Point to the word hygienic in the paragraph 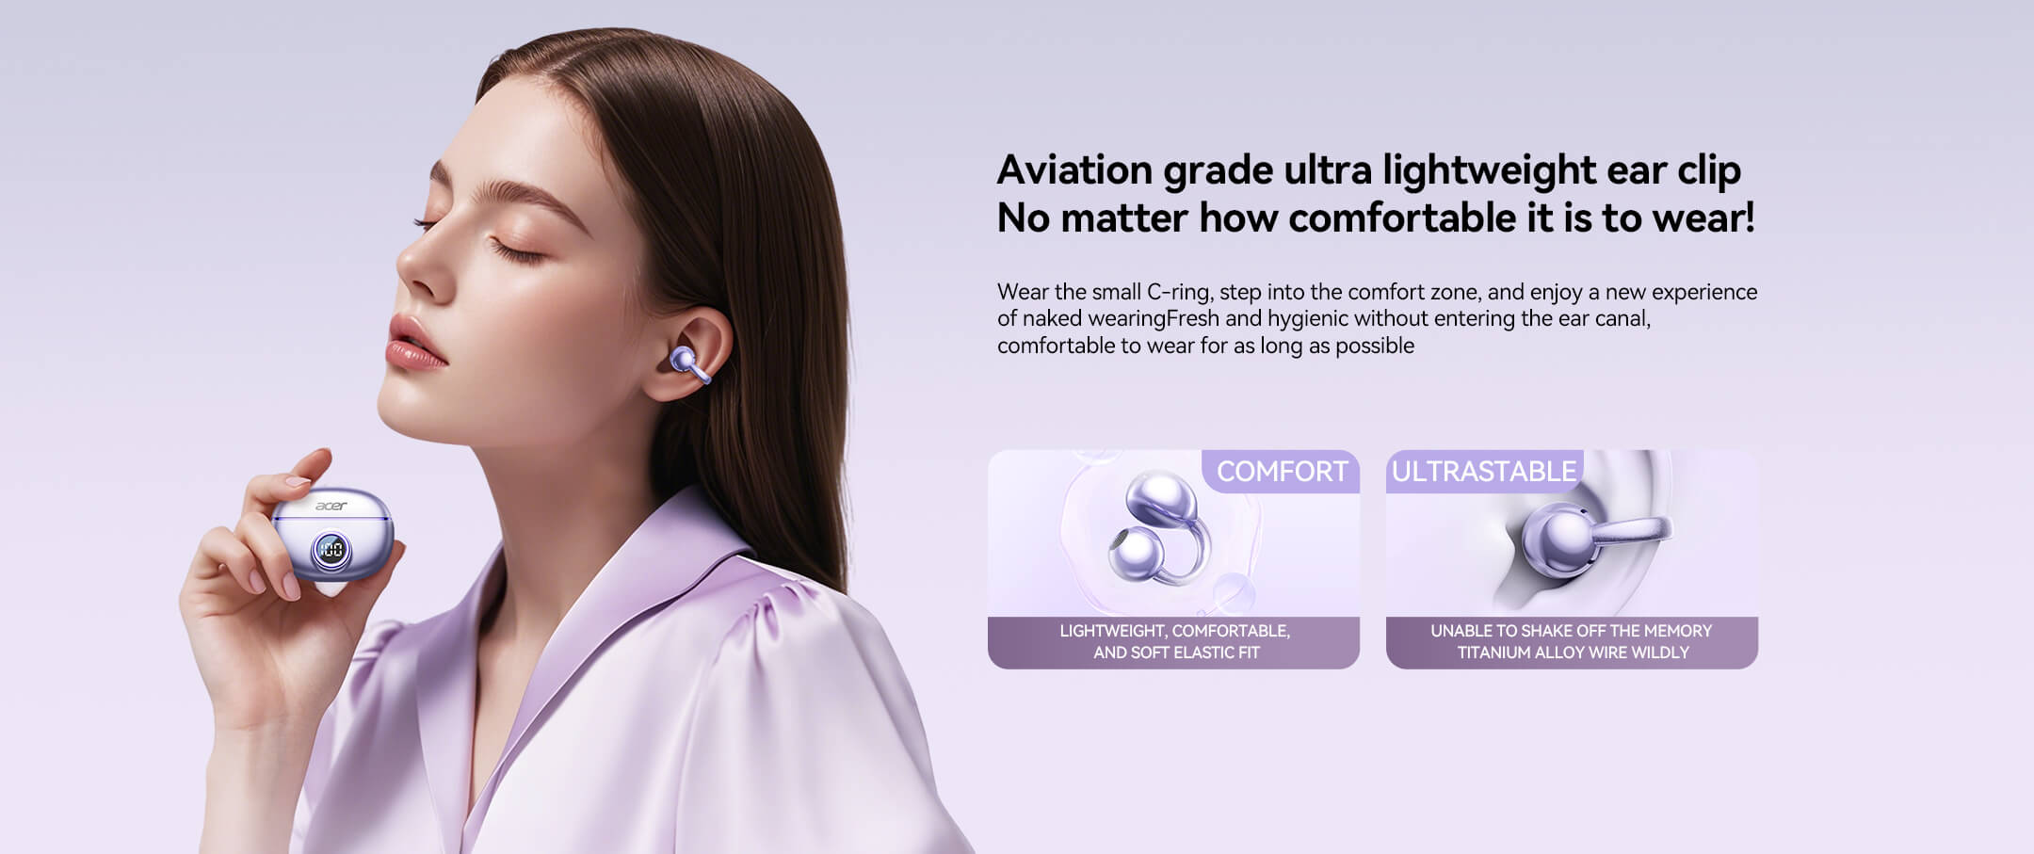click(x=1307, y=319)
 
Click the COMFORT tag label click(x=1282, y=471)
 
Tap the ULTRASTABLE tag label click(x=1484, y=471)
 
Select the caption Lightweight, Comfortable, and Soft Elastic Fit click(x=1175, y=641)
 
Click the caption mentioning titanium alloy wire click(x=1572, y=641)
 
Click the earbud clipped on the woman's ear click(x=688, y=364)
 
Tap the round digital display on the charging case click(x=331, y=550)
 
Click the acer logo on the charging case click(x=331, y=507)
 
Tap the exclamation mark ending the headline click(x=1749, y=218)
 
